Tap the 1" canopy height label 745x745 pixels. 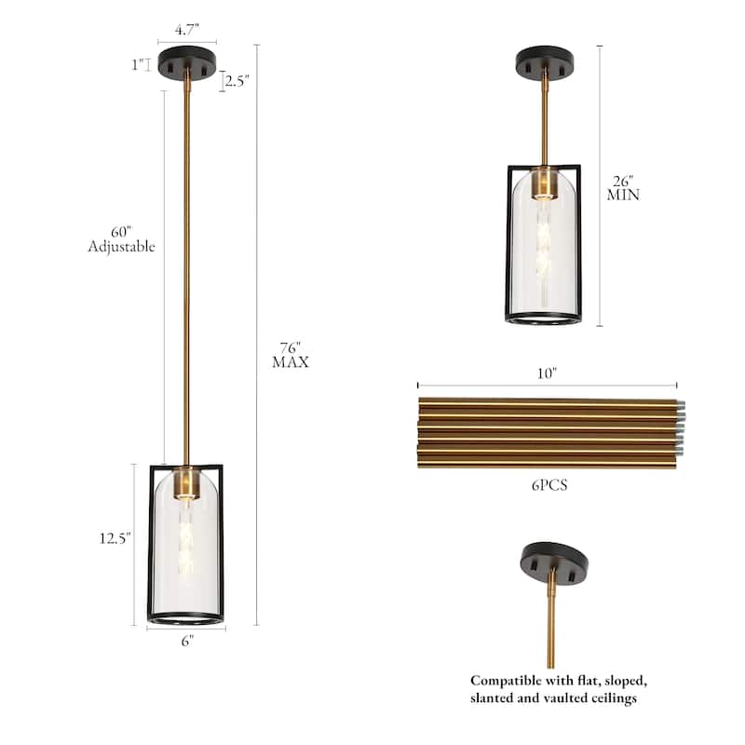click(140, 64)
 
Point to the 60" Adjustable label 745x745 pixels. click(121, 239)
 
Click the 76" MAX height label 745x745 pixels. click(290, 355)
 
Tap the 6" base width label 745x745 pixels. click(186, 642)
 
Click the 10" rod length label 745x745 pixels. click(547, 373)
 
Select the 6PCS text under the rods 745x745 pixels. click(547, 485)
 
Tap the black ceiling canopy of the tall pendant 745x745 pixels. click(186, 63)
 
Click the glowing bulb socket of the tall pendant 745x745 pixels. click(185, 483)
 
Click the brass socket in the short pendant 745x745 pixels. click(544, 183)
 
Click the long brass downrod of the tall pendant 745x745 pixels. click(186, 279)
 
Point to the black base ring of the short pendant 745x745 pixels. click(544, 318)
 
